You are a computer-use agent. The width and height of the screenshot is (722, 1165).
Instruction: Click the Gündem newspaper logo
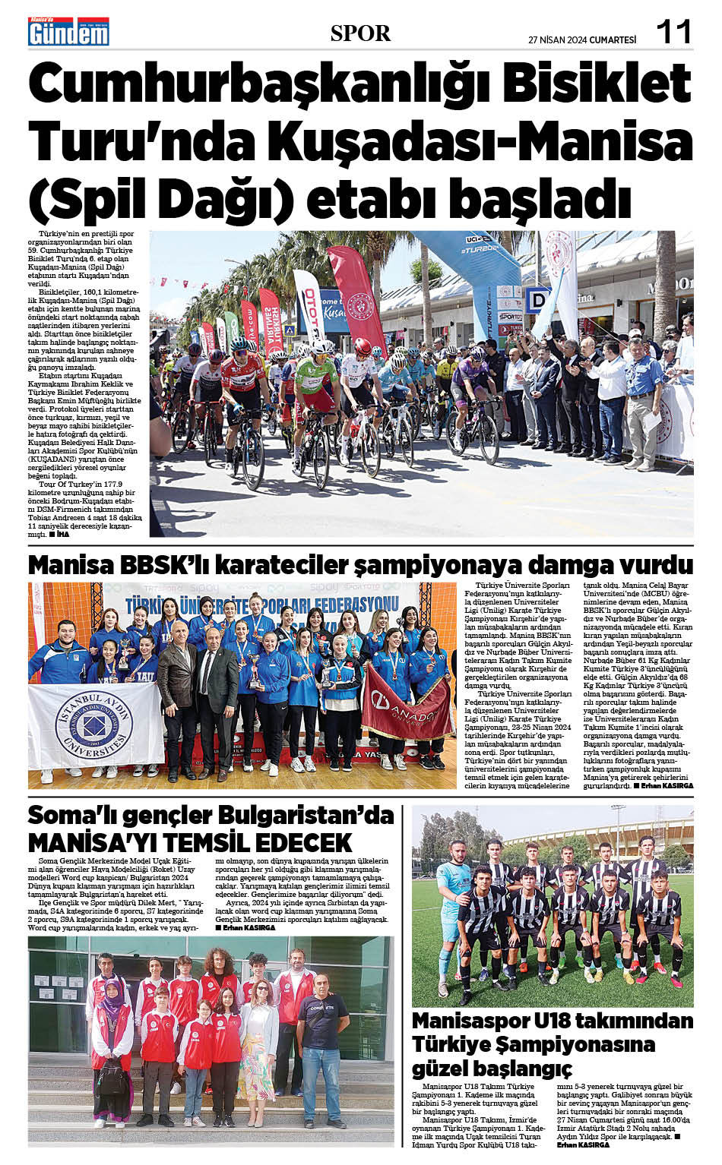(x=68, y=31)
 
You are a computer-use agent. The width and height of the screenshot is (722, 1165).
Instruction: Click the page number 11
(x=673, y=32)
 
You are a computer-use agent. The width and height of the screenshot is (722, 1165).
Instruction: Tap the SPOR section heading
(x=360, y=33)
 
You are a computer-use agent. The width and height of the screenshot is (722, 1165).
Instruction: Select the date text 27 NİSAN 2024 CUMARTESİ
(x=582, y=40)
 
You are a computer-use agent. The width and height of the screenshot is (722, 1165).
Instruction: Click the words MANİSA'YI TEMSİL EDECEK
(x=190, y=842)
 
